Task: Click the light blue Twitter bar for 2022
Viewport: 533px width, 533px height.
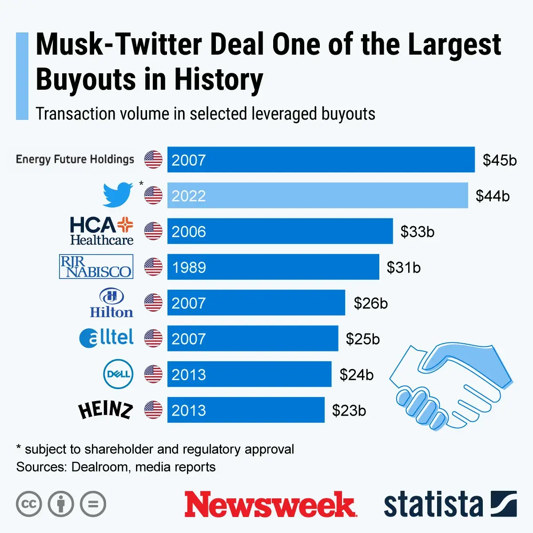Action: (317, 195)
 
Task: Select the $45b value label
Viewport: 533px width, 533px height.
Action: (500, 160)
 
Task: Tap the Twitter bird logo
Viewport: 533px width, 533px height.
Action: (118, 194)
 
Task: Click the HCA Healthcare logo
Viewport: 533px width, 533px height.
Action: (102, 231)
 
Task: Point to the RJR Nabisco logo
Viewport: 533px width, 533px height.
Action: (96, 266)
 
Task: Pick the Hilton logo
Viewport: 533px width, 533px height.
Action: (111, 303)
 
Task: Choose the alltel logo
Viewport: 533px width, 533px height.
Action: (107, 338)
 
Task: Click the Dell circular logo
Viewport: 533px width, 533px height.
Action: (118, 374)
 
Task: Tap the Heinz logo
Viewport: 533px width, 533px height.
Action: (105, 410)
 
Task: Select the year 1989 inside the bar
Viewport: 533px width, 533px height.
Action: (189, 267)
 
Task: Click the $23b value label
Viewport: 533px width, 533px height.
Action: (349, 410)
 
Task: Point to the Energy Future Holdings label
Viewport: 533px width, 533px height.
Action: (75, 159)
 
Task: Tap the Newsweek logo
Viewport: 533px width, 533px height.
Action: (270, 505)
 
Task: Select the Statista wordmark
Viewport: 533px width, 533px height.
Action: (433, 505)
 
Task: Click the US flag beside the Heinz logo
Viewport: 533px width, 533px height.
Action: (153, 410)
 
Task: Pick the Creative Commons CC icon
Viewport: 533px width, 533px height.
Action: (29, 504)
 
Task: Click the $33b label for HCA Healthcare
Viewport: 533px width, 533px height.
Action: (417, 231)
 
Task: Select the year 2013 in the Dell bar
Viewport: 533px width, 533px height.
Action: (189, 374)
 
